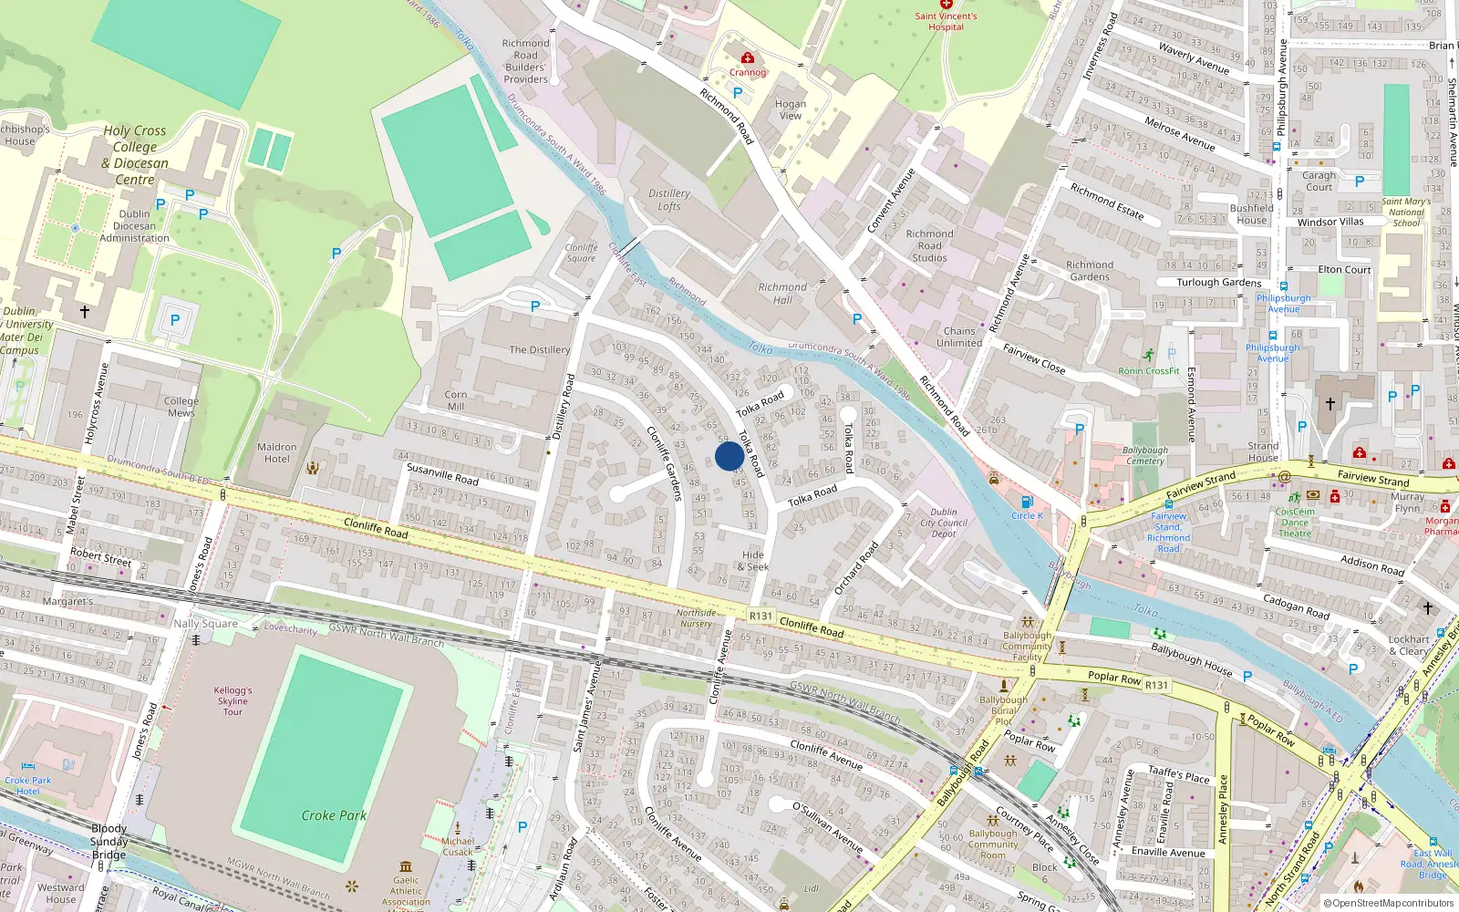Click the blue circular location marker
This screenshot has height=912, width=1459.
click(x=729, y=456)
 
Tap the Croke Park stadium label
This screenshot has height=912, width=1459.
click(x=334, y=815)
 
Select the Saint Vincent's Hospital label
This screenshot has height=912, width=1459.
click(x=946, y=21)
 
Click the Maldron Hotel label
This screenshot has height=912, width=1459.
click(x=276, y=453)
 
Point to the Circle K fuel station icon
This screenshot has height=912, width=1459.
click(x=1027, y=502)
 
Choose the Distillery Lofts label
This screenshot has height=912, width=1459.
click(x=669, y=200)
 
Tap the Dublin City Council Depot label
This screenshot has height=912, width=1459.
click(x=944, y=523)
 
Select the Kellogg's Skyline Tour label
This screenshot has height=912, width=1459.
click(x=233, y=700)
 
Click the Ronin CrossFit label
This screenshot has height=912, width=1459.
click(x=1149, y=371)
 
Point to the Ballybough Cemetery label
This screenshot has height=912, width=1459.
click(x=1145, y=455)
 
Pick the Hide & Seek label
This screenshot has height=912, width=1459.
click(x=753, y=561)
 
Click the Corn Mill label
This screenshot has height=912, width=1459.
click(x=456, y=400)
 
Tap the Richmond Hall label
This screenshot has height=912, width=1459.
click(x=782, y=293)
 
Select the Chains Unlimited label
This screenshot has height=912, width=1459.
click(x=959, y=337)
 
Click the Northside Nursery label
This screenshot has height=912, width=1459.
click(x=696, y=618)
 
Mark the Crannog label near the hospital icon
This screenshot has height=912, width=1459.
click(x=748, y=72)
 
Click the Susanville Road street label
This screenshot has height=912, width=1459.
click(x=442, y=473)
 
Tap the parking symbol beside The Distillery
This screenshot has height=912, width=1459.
click(x=535, y=307)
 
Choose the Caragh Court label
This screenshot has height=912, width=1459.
click(x=1319, y=181)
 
